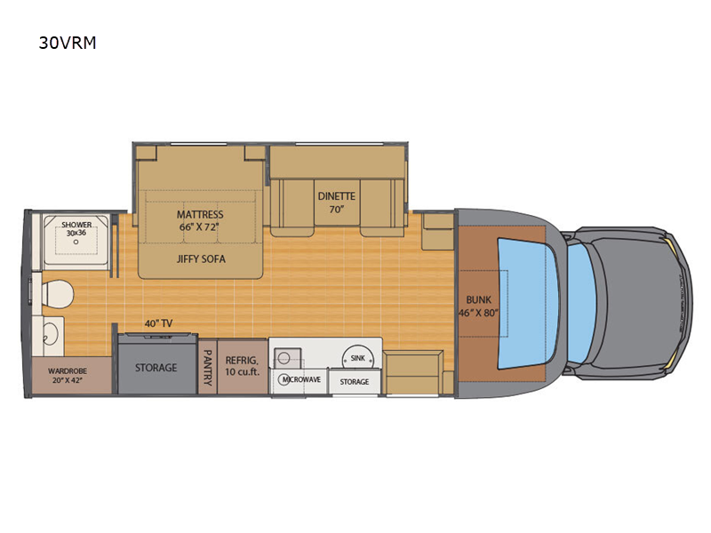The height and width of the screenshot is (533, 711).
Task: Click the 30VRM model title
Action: pyautogui.click(x=68, y=43)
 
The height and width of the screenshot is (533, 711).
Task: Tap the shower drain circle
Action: pyautogui.click(x=76, y=242)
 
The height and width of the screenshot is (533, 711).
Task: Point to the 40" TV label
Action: pyautogui.click(x=159, y=323)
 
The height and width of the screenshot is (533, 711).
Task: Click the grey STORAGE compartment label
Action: pyautogui.click(x=156, y=368)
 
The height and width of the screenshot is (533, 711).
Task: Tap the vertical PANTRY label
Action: pyautogui.click(x=208, y=367)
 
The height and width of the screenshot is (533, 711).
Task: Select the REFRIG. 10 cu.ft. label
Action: pyautogui.click(x=243, y=366)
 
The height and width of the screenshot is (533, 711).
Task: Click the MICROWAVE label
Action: pyautogui.click(x=302, y=379)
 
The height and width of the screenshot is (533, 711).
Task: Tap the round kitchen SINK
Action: pyautogui.click(x=358, y=358)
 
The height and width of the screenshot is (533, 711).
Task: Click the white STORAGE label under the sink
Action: pyautogui.click(x=355, y=382)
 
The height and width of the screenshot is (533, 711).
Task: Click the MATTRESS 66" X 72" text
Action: pyautogui.click(x=200, y=220)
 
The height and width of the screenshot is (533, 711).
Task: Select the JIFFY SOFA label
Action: pyautogui.click(x=201, y=259)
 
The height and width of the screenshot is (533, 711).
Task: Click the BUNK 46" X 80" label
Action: pyautogui.click(x=479, y=306)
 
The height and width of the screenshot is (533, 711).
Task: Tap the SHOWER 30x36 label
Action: pyautogui.click(x=76, y=229)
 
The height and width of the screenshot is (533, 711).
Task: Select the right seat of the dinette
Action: pyautogui.click(x=382, y=208)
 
